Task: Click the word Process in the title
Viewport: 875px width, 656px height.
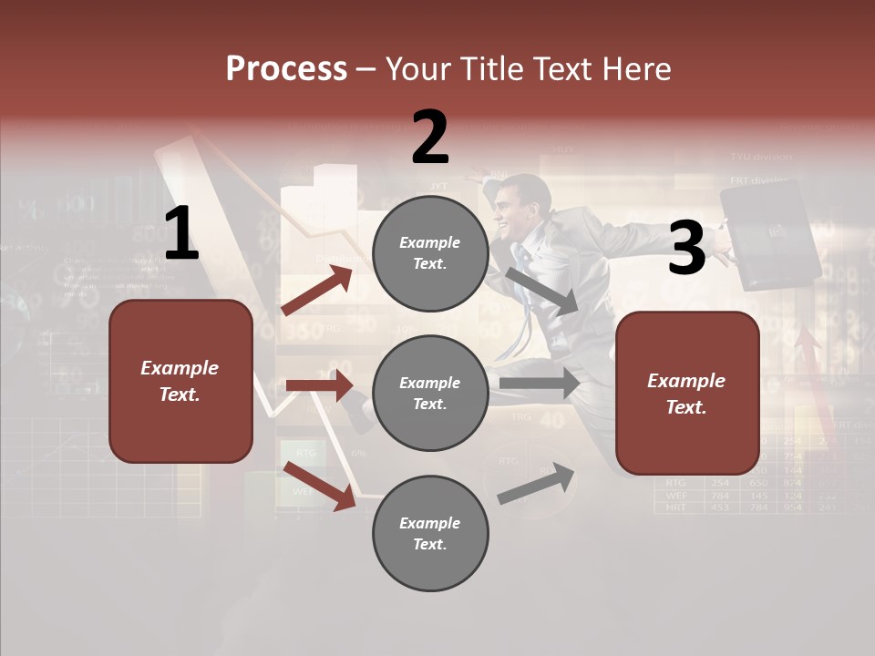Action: click(x=286, y=68)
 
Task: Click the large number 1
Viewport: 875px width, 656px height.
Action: click(x=181, y=234)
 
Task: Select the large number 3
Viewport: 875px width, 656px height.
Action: click(x=686, y=248)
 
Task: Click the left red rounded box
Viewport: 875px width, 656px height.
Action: click(x=180, y=381)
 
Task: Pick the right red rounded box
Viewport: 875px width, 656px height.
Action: click(x=687, y=394)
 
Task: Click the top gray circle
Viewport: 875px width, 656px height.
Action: click(x=430, y=253)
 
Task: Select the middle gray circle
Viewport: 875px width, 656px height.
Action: click(x=430, y=394)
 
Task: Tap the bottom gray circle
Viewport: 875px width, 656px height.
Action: click(x=430, y=534)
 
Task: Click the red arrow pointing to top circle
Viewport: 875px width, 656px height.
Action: click(x=317, y=290)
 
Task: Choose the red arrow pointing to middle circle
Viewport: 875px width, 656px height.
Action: click(x=319, y=385)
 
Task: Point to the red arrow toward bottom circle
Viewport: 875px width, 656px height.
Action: click(x=320, y=486)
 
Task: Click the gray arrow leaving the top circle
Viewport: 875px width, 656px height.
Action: click(x=542, y=291)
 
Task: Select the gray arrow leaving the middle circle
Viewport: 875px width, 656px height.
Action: click(x=540, y=384)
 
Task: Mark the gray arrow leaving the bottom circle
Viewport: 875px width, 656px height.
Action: click(x=537, y=483)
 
